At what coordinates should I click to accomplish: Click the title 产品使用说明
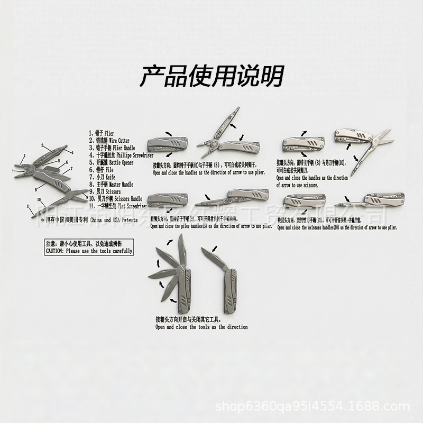[x=212, y=77]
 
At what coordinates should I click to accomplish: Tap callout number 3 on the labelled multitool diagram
[x=43, y=144]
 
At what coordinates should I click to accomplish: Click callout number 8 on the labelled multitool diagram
[x=35, y=189]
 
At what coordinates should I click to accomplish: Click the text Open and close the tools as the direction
[x=201, y=327]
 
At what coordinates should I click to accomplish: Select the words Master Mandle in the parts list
[x=121, y=185]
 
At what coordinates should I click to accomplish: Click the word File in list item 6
[x=109, y=170]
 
